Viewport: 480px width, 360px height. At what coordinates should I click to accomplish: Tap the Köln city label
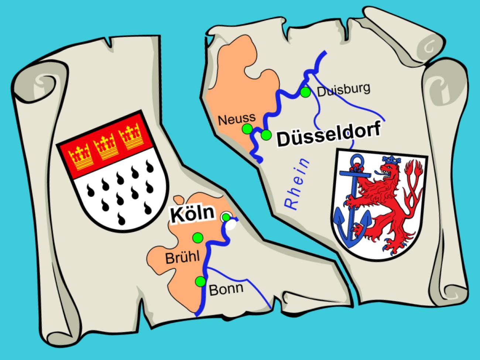pyautogui.click(x=192, y=214)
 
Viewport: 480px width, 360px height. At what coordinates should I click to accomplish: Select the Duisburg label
pyautogui.click(x=344, y=90)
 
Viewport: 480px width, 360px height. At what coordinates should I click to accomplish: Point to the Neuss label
pyautogui.click(x=237, y=118)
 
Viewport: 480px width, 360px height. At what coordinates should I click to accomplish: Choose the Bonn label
pyautogui.click(x=226, y=288)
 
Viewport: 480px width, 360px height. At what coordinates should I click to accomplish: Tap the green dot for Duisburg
pyautogui.click(x=305, y=92)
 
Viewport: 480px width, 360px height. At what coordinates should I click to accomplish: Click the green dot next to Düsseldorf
pyautogui.click(x=265, y=136)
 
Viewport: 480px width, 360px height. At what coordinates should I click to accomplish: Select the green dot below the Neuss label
pyautogui.click(x=247, y=129)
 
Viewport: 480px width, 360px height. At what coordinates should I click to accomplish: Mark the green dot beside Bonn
pyautogui.click(x=200, y=281)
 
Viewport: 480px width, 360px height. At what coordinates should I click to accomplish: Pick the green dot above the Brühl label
pyautogui.click(x=198, y=238)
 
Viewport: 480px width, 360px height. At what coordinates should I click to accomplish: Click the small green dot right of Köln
pyautogui.click(x=226, y=217)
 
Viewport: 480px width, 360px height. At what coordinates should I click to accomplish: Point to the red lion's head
pyautogui.click(x=388, y=171)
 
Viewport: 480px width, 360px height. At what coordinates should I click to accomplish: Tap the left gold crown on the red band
pyautogui.click(x=80, y=155)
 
